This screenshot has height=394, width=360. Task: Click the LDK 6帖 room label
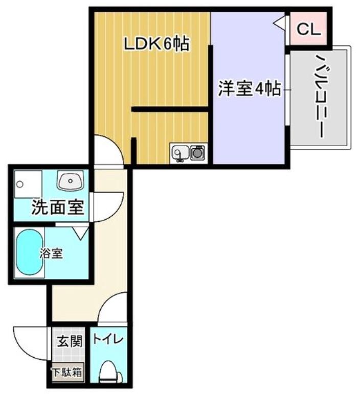click(x=157, y=45)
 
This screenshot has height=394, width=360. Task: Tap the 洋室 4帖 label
click(x=249, y=89)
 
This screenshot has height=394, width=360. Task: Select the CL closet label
click(x=308, y=30)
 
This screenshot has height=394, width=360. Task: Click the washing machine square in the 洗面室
click(x=28, y=183)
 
